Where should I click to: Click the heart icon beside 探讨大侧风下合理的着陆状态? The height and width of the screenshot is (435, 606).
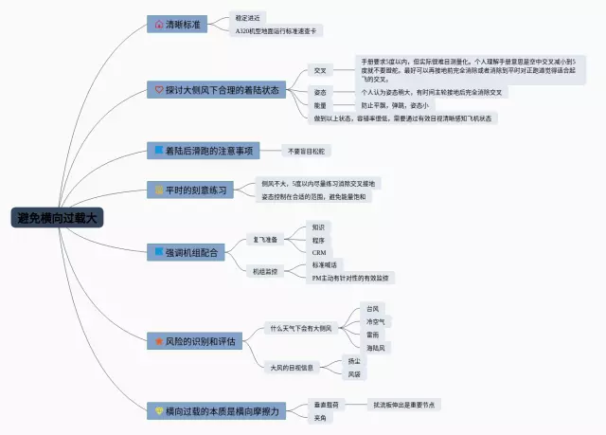coord(159,90)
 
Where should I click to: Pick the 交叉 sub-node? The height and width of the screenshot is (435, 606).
coord(320,70)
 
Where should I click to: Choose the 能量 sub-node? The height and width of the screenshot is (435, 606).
coord(320,105)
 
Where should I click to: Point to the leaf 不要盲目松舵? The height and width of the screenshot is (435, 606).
coord(306,151)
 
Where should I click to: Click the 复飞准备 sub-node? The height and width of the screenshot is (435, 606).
coord(264,240)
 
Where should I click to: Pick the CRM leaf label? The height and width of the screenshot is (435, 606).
coord(319,253)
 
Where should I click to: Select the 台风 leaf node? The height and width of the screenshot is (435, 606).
coord(372,309)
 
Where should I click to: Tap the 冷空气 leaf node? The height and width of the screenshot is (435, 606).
coord(376,322)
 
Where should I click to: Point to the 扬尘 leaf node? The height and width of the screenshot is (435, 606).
coord(354,360)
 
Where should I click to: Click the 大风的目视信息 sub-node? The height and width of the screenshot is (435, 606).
coord(293,367)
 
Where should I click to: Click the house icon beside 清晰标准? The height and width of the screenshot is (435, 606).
coord(159,24)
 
